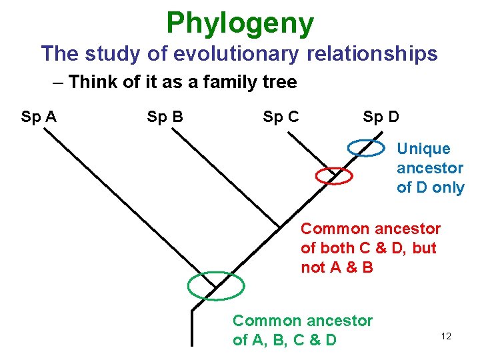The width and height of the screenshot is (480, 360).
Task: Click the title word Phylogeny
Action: coord(240,23)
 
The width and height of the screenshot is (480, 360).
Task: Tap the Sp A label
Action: coord(39,118)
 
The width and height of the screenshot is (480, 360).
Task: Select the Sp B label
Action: coord(165,118)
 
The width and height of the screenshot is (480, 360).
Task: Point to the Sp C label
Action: coord(281,118)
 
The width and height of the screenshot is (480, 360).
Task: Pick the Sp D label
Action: coord(381,118)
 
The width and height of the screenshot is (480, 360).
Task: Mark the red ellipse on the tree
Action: coord(333,175)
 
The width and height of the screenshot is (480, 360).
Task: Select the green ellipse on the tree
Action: coord(216,286)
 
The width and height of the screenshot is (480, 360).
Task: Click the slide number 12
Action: coord(446,336)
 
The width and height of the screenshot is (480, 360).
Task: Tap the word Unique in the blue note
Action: coord(423,149)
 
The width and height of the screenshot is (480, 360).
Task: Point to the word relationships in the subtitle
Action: coord(372,53)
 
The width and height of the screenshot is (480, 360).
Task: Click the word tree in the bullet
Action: coord(280,83)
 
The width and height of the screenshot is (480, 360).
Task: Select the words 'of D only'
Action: coord(430,187)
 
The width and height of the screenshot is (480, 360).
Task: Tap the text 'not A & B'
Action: coord(337,267)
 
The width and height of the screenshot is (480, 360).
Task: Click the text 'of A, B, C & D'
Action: coord(285,340)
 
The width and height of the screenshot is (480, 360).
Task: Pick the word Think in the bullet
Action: coord(89,83)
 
